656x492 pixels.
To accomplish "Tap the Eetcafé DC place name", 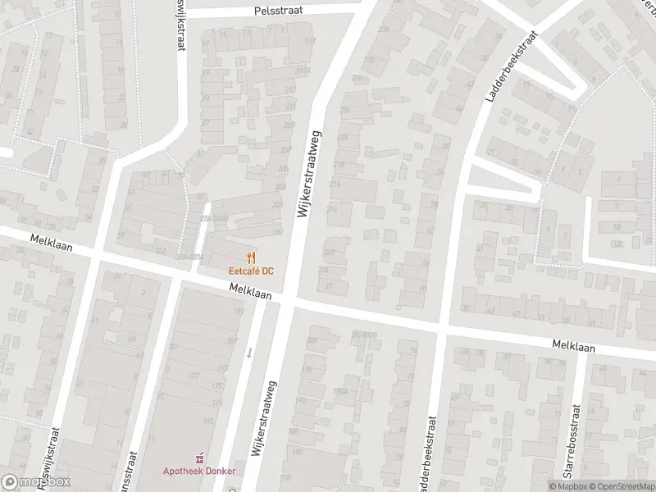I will (x=251, y=271).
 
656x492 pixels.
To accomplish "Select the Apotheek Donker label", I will (x=198, y=471).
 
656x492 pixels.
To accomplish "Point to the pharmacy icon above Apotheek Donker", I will (x=198, y=458).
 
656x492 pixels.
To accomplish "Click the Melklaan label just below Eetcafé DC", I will (x=250, y=289).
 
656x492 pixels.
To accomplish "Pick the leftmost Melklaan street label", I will (x=50, y=244).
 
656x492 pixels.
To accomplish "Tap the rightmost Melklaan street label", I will (x=573, y=347).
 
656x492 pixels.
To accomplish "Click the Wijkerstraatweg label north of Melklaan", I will (x=310, y=172).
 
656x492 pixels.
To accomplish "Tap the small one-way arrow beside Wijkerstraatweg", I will (x=250, y=353).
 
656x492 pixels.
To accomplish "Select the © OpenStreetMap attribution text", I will (x=617, y=486).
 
